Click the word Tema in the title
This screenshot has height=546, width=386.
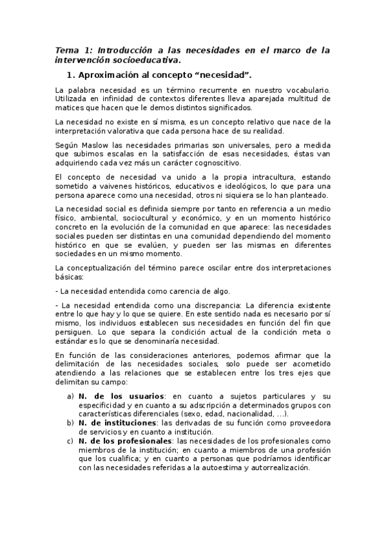point(64,50)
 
